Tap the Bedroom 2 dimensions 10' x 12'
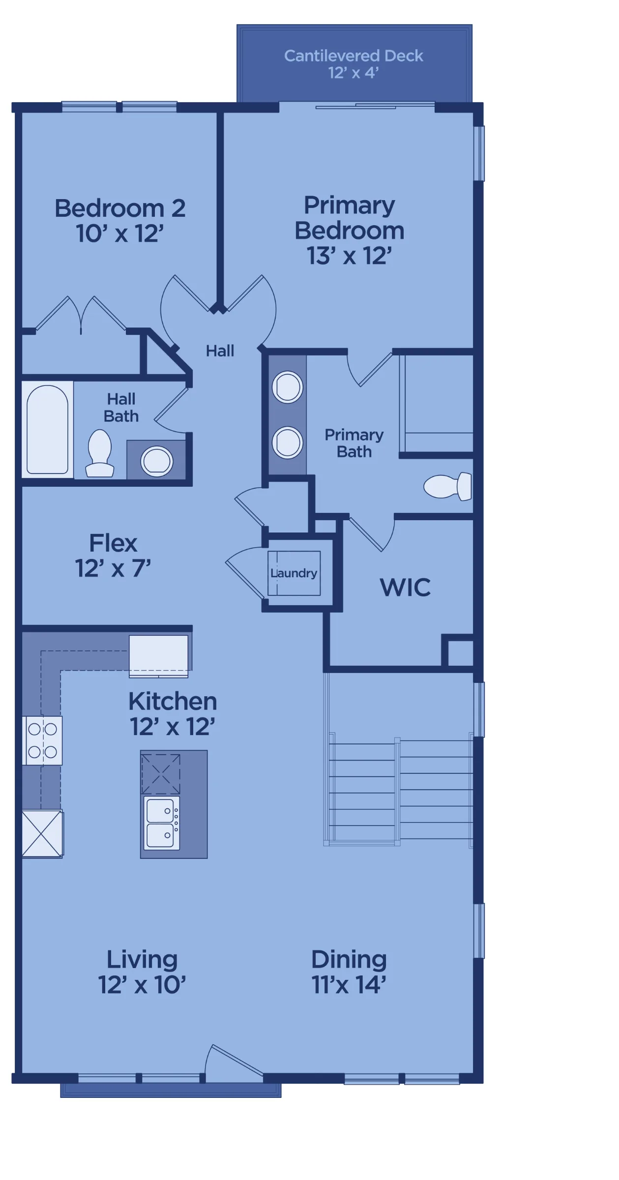[x=119, y=234]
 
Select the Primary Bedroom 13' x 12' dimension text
[x=349, y=256]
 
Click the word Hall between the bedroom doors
[x=220, y=351]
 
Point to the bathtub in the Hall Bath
[x=47, y=429]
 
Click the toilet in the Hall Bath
[x=100, y=453]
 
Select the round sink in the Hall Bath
[x=157, y=461]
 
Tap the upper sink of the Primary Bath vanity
[x=287, y=387]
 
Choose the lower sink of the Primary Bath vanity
[x=287, y=442]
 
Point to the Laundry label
[x=294, y=573]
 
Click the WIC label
[x=405, y=587]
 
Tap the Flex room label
[x=113, y=543]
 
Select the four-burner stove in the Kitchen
[x=43, y=740]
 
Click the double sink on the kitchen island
[x=161, y=823]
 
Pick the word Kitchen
[x=173, y=701]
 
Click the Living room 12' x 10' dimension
[x=142, y=985]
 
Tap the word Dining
[x=349, y=960]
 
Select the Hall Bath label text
[x=121, y=408]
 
